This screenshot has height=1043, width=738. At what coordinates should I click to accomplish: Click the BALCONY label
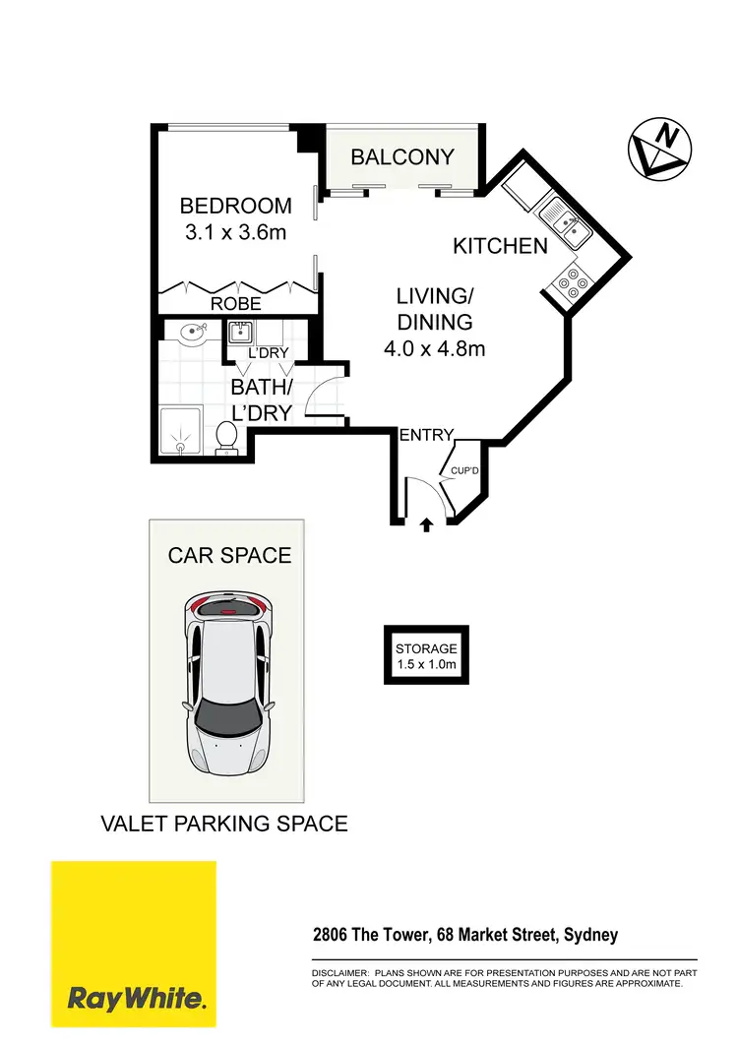tap(402, 156)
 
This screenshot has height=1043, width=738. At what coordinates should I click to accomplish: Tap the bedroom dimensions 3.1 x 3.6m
tap(235, 233)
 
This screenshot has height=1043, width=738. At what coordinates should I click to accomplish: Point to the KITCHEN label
tap(500, 246)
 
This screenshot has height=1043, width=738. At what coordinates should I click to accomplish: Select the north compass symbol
tap(658, 151)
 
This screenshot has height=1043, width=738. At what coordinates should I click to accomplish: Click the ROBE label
tap(236, 304)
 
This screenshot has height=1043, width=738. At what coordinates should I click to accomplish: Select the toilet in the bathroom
tap(226, 437)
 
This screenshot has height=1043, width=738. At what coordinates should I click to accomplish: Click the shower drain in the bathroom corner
tap(180, 446)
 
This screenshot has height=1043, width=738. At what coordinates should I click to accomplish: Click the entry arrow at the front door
tap(426, 525)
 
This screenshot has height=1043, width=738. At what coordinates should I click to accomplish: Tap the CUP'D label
tap(463, 471)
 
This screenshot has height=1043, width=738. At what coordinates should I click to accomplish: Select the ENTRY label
tap(426, 435)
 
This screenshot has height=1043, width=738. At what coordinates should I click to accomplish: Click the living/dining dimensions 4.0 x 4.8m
tap(435, 348)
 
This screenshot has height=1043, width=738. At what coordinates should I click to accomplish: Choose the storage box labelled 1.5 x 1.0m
tap(426, 656)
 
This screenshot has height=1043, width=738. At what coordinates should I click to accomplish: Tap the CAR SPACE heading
tap(229, 555)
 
